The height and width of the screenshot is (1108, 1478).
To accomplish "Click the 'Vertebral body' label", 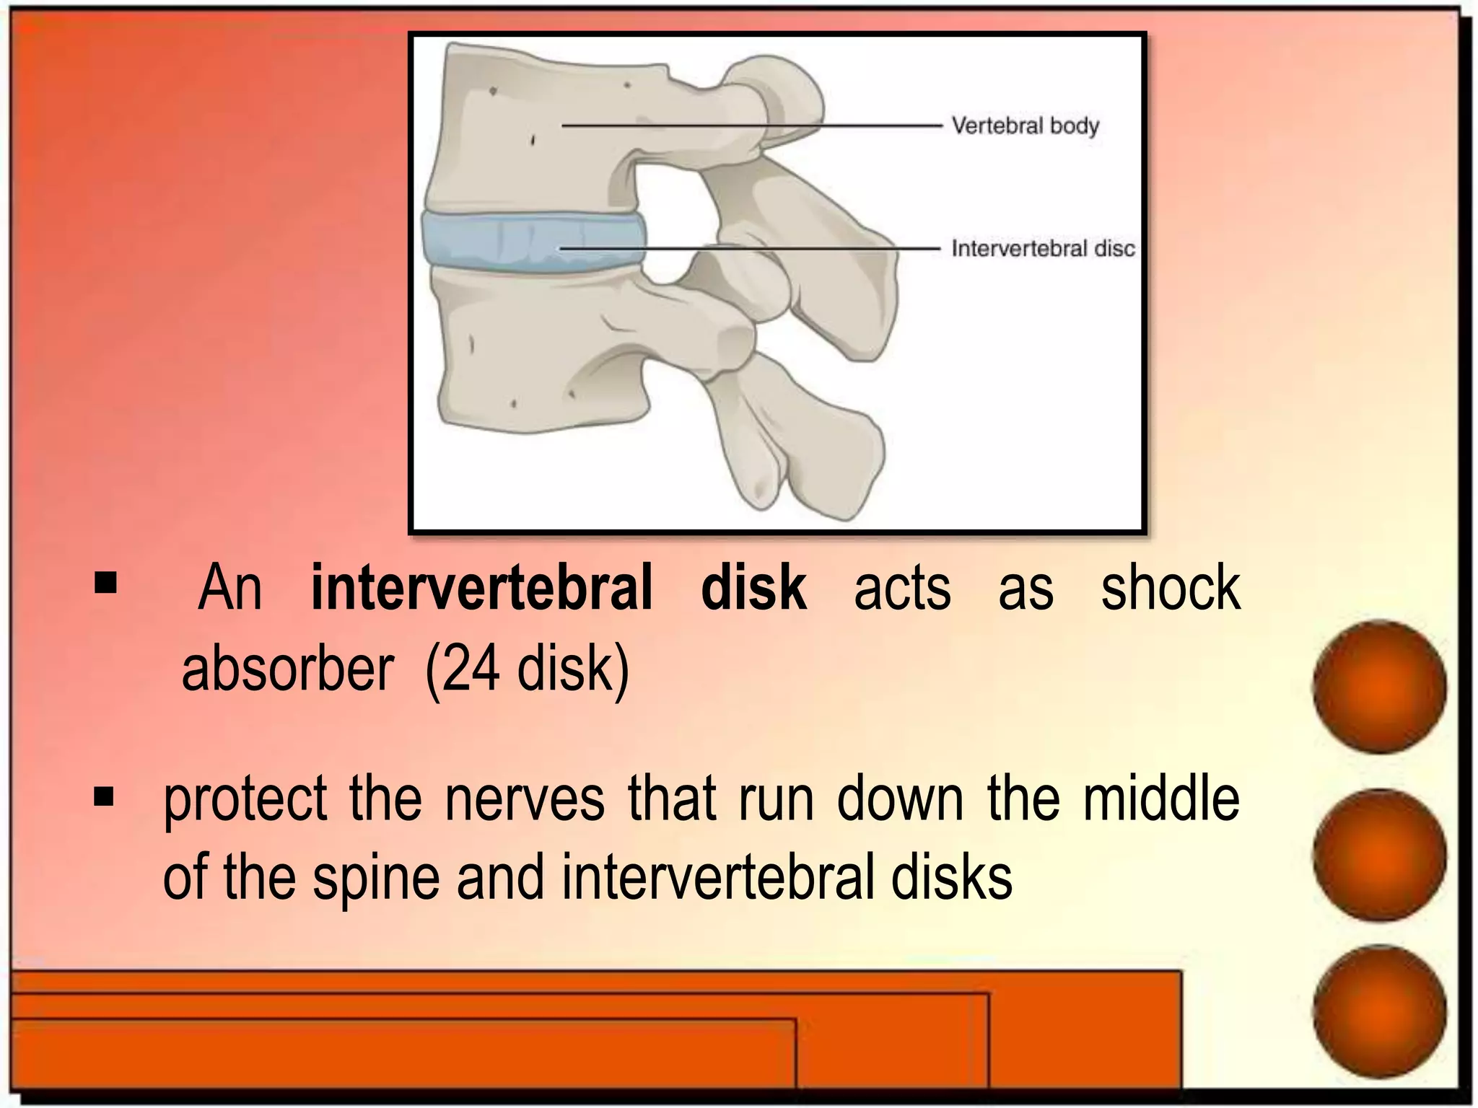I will pyautogui.click(x=1025, y=126).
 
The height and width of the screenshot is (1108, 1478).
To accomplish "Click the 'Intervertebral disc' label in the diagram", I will pyautogui.click(x=1043, y=249).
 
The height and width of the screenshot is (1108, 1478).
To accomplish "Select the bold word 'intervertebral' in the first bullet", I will pyautogui.click(x=481, y=588).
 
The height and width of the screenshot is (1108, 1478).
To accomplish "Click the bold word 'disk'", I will pyautogui.click(x=753, y=588).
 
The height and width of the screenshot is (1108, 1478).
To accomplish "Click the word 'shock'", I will pyautogui.click(x=1170, y=588).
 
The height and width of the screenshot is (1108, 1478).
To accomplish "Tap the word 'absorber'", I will pyautogui.click(x=287, y=669).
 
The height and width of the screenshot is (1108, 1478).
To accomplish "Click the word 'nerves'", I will pyautogui.click(x=525, y=799).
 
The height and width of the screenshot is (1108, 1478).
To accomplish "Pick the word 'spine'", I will pyautogui.click(x=376, y=879).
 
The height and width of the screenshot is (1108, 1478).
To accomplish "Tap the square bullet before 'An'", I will pyautogui.click(x=105, y=583).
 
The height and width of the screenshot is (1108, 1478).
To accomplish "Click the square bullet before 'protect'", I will pyautogui.click(x=104, y=797).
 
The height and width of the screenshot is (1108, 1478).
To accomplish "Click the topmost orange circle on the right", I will pyautogui.click(x=1379, y=687).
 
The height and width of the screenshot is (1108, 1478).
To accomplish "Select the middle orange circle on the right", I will pyautogui.click(x=1379, y=856).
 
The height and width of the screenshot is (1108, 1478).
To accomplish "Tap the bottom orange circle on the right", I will pyautogui.click(x=1379, y=1011).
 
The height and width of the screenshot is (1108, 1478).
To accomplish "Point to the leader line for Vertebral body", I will pyautogui.click(x=751, y=126).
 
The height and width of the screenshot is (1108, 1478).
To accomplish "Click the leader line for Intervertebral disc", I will pyautogui.click(x=751, y=249).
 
